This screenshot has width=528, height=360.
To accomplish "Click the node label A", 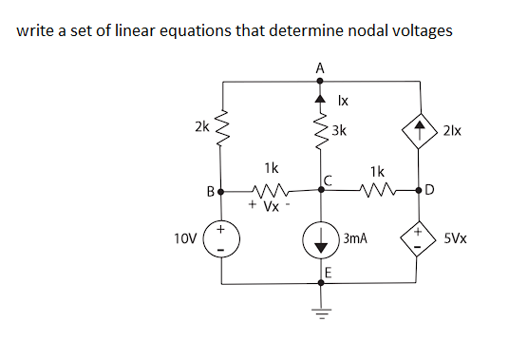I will (x=320, y=67).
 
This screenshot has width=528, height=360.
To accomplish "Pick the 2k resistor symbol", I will (x=223, y=125).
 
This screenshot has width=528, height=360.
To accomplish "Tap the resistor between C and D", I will (x=377, y=190).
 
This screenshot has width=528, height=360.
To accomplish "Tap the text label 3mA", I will (x=356, y=242).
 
